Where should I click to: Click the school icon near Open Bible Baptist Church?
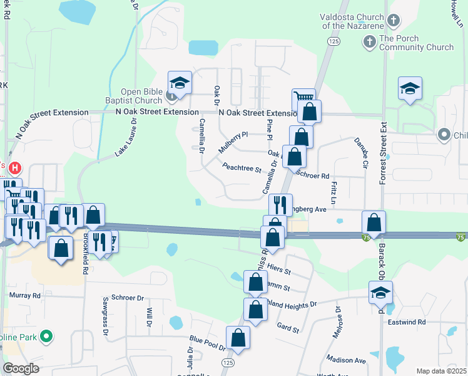(x=179, y=83)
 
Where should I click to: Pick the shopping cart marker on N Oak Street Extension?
(x=303, y=99)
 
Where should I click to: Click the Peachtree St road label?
(x=242, y=168)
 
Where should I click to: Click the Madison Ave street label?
(x=345, y=360)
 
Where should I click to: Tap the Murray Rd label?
(x=25, y=295)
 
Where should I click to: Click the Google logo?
(x=21, y=368)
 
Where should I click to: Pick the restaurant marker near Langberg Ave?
(x=280, y=204)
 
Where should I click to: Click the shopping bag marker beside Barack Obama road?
(x=374, y=222)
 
